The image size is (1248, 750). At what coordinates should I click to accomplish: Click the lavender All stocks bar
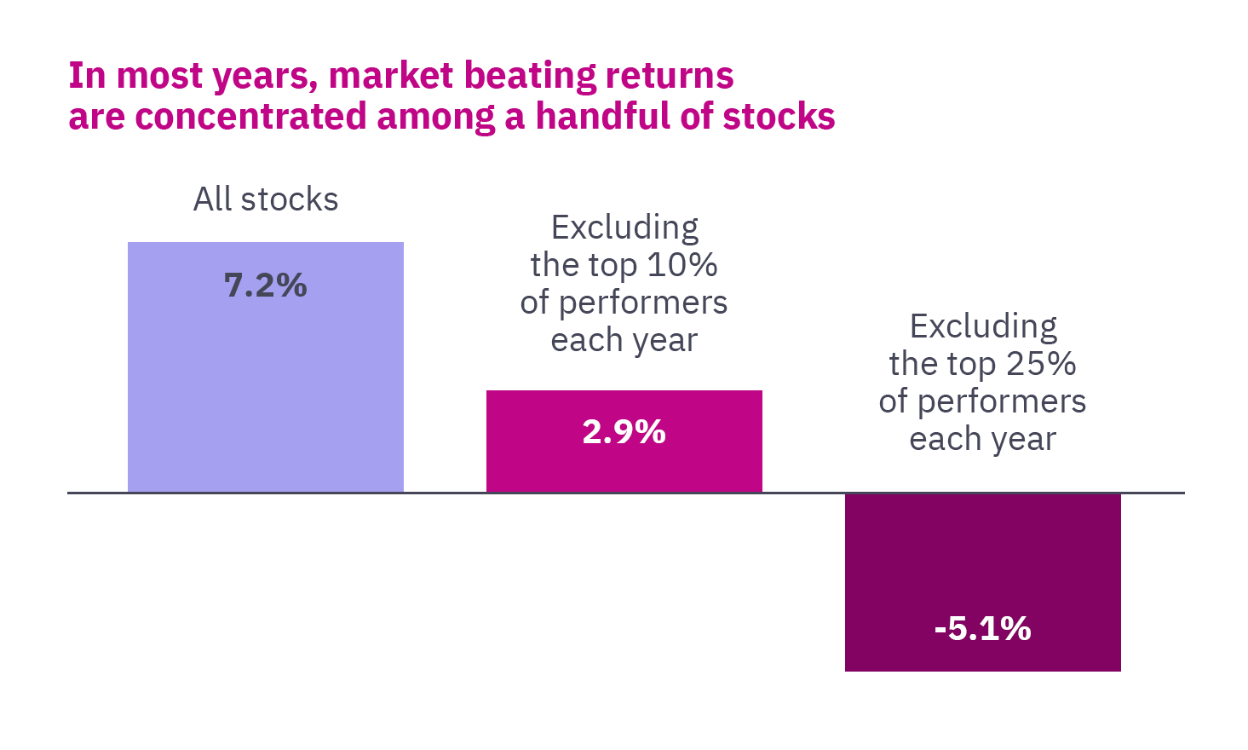click(x=266, y=384)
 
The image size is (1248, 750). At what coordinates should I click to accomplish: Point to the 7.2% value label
click(x=266, y=286)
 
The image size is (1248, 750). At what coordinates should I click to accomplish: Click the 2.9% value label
click(x=624, y=432)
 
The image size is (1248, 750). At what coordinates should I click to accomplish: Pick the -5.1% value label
click(x=983, y=629)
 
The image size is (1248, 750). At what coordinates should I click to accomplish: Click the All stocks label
click(x=266, y=199)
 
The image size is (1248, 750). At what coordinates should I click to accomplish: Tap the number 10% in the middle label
click(x=682, y=265)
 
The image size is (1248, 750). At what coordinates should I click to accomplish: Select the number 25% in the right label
click(x=1041, y=364)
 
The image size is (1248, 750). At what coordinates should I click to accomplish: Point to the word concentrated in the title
click(x=250, y=117)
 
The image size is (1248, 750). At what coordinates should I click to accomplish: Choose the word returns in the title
click(x=670, y=76)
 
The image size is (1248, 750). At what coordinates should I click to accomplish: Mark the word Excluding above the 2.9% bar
click(x=624, y=228)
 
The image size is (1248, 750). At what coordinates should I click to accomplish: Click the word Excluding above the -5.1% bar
click(x=983, y=326)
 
